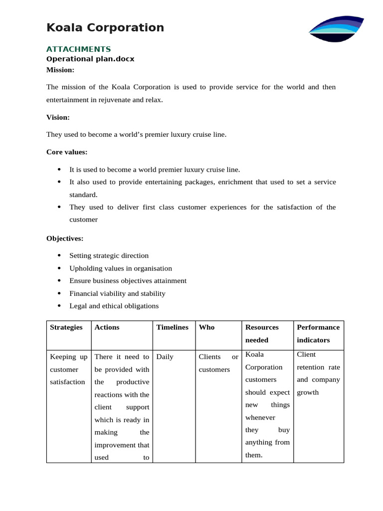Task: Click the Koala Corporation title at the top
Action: tap(105, 27)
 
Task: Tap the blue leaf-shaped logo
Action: tap(337, 28)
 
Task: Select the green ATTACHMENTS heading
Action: tap(78, 49)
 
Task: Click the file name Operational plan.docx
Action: tap(90, 59)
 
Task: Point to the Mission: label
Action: tap(60, 70)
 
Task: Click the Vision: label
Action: tap(58, 117)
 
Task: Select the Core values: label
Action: tap(67, 152)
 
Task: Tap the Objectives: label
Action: tap(65, 239)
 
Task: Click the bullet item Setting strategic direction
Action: tap(109, 255)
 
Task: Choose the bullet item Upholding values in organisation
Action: tap(120, 268)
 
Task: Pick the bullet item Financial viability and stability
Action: tap(117, 293)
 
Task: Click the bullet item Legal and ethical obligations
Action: tap(114, 306)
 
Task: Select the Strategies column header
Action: tap(66, 327)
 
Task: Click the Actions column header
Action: tap(107, 327)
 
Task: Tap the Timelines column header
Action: tap(172, 327)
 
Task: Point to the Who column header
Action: tap(206, 327)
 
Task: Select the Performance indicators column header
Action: tap(318, 333)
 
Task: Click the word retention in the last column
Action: tap(312, 367)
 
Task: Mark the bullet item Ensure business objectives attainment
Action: tap(128, 281)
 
